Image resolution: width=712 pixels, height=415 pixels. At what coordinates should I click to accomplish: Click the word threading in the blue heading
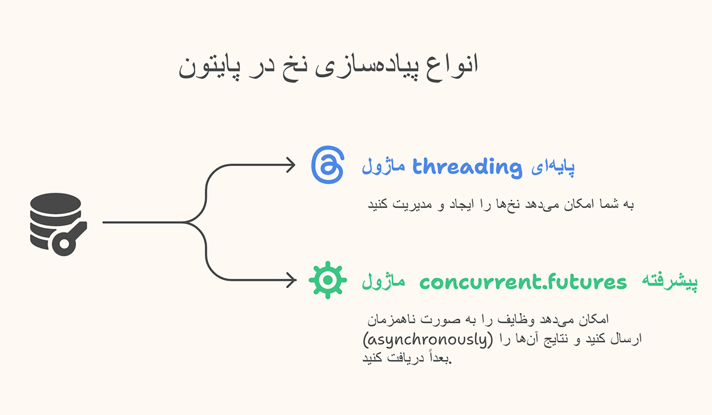(x=466, y=167)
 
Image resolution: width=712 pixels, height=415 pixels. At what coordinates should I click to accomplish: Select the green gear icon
(x=328, y=281)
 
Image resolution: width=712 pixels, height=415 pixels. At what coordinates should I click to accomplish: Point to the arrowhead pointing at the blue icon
(x=291, y=165)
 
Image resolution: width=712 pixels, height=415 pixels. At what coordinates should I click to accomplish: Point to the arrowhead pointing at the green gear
(x=291, y=279)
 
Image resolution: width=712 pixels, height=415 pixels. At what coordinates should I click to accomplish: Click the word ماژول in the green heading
(x=384, y=282)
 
